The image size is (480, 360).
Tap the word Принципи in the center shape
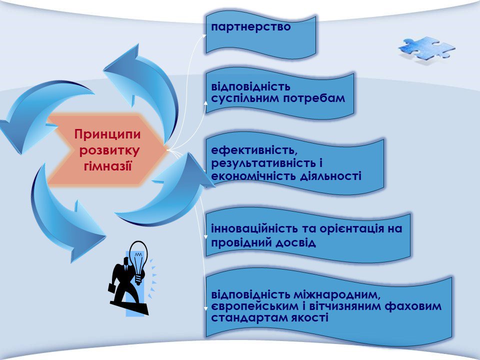[107, 134]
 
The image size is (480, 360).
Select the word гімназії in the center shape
[107, 164]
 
